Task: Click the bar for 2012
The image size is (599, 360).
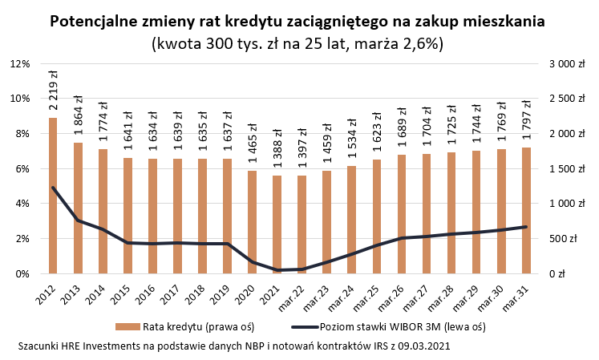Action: coord(53,196)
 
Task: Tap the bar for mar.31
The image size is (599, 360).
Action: coord(524,210)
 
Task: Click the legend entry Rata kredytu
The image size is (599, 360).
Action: coord(188,326)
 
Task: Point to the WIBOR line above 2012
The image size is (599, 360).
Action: coord(53,188)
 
